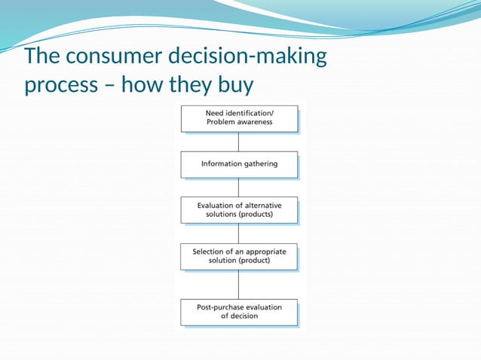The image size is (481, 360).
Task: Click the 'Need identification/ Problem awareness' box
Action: pyautogui.click(x=239, y=118)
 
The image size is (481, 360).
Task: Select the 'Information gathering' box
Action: pyautogui.click(x=239, y=164)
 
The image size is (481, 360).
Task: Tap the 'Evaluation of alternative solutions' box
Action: pyautogui.click(x=239, y=210)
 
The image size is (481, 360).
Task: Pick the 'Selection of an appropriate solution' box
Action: pyautogui.click(x=239, y=256)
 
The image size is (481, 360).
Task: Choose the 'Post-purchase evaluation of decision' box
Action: pyautogui.click(x=239, y=312)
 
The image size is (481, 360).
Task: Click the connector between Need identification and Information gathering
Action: pyautogui.click(x=239, y=142)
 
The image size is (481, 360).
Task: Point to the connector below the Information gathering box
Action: pyautogui.click(x=239, y=188)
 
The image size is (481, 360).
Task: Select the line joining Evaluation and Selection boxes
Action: pyautogui.click(x=239, y=233)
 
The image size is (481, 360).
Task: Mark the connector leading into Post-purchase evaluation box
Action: pyautogui.click(x=239, y=285)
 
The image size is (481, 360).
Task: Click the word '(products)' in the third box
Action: pyautogui.click(x=253, y=215)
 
